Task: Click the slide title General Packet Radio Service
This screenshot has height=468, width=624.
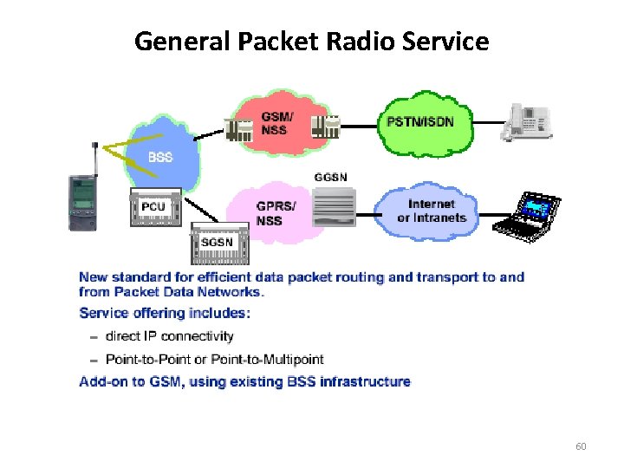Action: (312, 41)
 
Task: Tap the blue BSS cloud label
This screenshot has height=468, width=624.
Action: (160, 157)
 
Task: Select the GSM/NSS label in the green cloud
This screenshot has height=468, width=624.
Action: (277, 122)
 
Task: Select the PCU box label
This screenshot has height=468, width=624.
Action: (153, 208)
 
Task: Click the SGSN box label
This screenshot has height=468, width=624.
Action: (217, 243)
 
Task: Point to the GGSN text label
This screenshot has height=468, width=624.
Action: (330, 178)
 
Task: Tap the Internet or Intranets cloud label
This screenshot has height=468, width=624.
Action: (432, 211)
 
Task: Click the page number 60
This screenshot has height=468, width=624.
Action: (581, 446)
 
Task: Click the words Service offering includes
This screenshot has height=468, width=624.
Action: (165, 313)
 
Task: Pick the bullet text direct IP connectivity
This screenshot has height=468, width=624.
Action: (170, 336)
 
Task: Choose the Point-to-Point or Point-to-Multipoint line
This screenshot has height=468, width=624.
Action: (215, 359)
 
